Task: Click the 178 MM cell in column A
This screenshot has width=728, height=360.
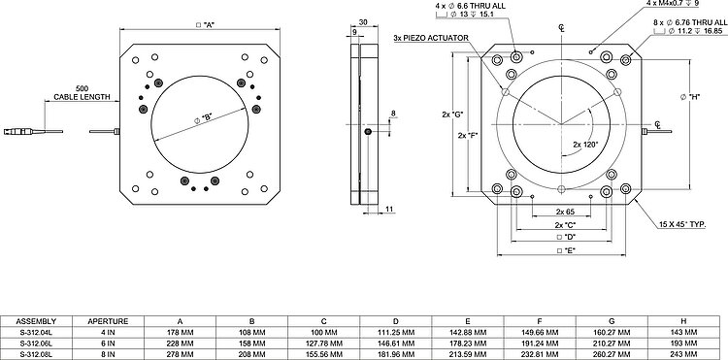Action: click(x=181, y=332)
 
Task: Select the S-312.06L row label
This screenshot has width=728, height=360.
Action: click(x=36, y=344)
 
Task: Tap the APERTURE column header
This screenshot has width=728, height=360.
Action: click(x=108, y=321)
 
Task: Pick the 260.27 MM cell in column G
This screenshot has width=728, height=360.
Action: click(x=612, y=354)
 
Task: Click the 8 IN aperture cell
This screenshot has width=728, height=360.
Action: click(x=108, y=354)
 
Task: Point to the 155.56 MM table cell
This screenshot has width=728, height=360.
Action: click(x=323, y=354)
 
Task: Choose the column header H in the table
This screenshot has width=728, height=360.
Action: click(x=683, y=321)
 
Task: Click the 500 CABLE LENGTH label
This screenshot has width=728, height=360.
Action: click(x=83, y=93)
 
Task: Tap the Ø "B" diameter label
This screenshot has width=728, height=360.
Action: click(x=203, y=117)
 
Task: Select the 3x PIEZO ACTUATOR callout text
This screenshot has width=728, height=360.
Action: click(x=430, y=38)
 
